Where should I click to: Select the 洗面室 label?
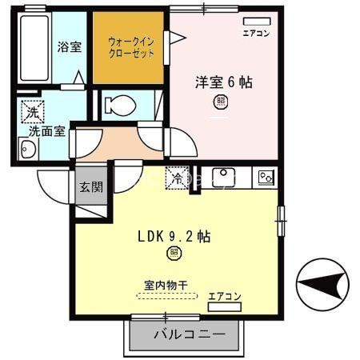[x=47, y=130]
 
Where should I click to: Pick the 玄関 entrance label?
[x=90, y=188]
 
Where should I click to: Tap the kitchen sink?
[x=223, y=176]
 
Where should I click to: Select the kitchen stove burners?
[x=265, y=177]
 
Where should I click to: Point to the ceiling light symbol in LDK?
[x=174, y=254]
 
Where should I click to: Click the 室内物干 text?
[x=166, y=284]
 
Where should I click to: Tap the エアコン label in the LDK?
[x=225, y=297]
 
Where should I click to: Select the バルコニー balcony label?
[x=184, y=334]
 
